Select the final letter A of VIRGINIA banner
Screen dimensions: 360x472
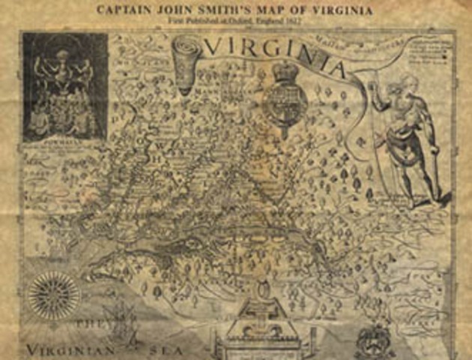point(337,70)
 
